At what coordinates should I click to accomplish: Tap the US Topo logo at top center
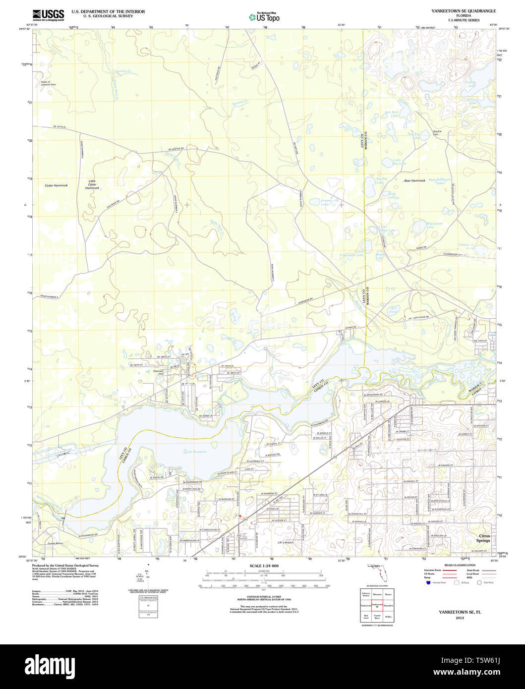(x=264, y=17)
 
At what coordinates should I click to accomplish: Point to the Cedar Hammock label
(x=56, y=185)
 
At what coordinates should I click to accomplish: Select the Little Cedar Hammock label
(x=92, y=184)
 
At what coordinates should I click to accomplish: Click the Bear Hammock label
(x=414, y=180)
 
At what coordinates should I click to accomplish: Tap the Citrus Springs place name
(x=483, y=538)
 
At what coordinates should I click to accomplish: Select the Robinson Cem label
(x=158, y=372)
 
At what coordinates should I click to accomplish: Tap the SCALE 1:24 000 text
(x=264, y=566)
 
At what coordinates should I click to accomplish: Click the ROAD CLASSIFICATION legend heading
(x=447, y=565)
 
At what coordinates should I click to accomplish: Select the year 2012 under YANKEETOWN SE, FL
(x=460, y=618)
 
